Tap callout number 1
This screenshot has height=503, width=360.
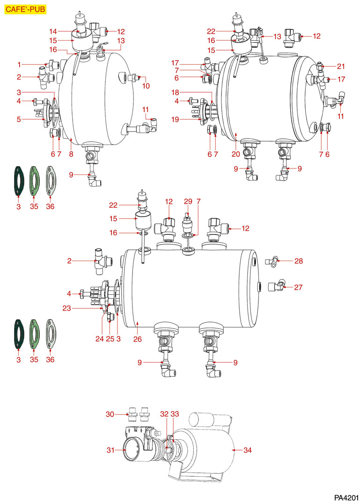coord(19,64)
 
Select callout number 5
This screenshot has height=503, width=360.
coord(19,119)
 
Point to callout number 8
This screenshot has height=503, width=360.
coord(70,154)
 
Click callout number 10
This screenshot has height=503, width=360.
coord(147,86)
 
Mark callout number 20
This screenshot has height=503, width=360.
coord(235,154)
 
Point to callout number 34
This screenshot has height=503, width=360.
coord(248,450)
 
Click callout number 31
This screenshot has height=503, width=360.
coord(110,450)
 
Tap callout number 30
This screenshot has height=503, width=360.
coord(110,414)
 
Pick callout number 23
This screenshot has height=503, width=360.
coord(67,308)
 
